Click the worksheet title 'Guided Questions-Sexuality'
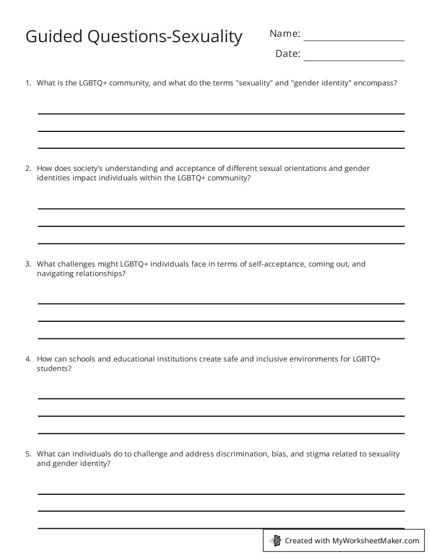pos(134,36)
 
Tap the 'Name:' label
pos(285,34)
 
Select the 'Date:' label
pos(288,54)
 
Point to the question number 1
pos(28,83)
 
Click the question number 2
pos(28,169)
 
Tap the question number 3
pos(28,264)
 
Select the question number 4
pos(28,359)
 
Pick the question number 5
pos(28,454)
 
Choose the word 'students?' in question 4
pos(54,369)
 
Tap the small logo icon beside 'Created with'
pos(276,540)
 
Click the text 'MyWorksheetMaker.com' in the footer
pos(376,541)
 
